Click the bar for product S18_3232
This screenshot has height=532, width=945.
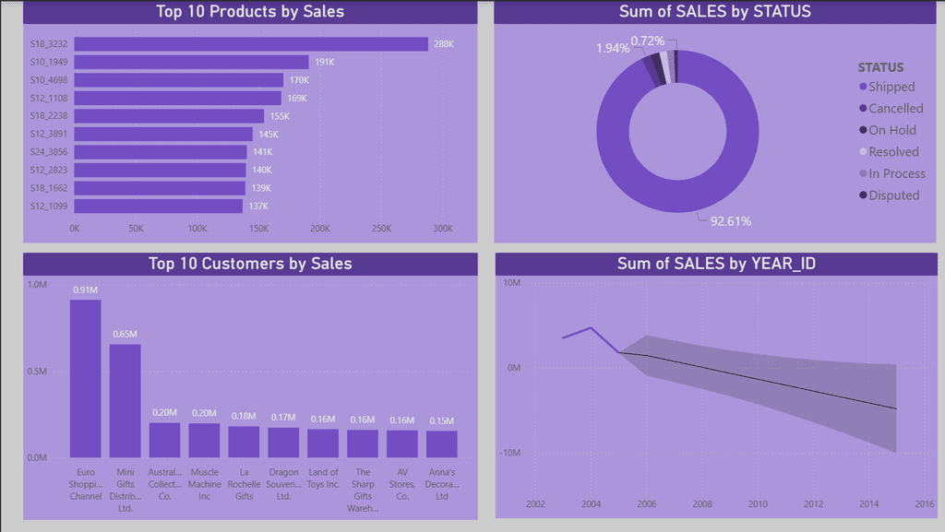(x=251, y=44)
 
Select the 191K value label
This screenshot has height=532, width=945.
(x=324, y=62)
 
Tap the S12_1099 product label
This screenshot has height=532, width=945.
(x=49, y=206)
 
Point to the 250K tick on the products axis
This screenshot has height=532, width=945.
(x=381, y=229)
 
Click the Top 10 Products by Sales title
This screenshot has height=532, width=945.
(x=250, y=11)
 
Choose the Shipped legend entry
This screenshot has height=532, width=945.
(x=887, y=87)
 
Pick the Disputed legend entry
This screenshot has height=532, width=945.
(x=890, y=195)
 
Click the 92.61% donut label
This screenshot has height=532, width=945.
(x=731, y=221)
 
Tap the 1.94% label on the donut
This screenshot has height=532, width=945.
(x=613, y=48)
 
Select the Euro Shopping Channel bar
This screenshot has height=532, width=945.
(x=86, y=379)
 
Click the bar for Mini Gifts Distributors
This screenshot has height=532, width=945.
(x=125, y=401)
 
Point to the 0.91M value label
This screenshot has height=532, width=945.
(x=85, y=290)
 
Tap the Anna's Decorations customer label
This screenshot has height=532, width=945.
(x=442, y=484)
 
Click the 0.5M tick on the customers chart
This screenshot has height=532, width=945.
(x=37, y=372)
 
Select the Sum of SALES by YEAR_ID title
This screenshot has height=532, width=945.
(x=716, y=264)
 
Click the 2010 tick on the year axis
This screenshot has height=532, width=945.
(x=758, y=504)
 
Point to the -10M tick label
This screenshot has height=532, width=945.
(x=509, y=453)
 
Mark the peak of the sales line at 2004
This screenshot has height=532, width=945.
(x=591, y=328)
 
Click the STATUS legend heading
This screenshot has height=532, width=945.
(x=880, y=67)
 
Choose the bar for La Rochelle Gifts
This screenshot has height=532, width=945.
(x=244, y=442)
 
